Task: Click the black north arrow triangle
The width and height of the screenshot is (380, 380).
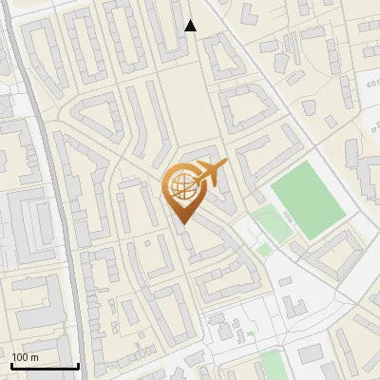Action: (190, 25)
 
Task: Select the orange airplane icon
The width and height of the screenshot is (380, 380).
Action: (211, 173)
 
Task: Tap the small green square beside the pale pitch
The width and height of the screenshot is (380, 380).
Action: (263, 249)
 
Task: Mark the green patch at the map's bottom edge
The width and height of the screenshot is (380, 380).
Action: (273, 366)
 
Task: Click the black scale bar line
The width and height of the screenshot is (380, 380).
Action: (45, 366)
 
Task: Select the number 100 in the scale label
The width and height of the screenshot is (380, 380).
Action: (21, 356)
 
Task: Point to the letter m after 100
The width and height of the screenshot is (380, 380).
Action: (34, 356)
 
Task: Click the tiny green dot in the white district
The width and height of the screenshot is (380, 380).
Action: (251, 333)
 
